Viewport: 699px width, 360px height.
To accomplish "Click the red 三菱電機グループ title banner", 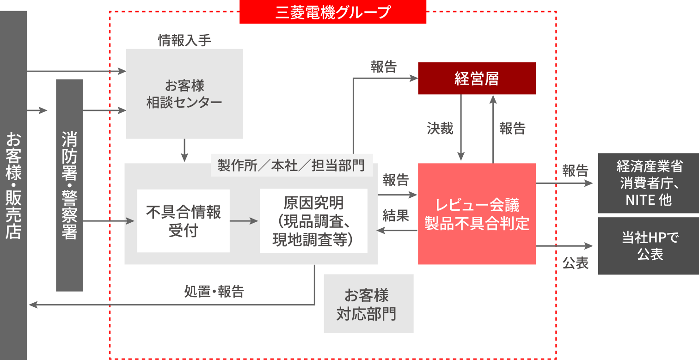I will [x=332, y=12].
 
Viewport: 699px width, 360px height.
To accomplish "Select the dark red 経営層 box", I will [x=477, y=79].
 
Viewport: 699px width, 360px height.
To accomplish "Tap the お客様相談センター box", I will [x=184, y=94].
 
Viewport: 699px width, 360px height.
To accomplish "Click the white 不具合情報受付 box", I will [x=183, y=221].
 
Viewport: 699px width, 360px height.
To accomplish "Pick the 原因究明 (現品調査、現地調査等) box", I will [x=313, y=221].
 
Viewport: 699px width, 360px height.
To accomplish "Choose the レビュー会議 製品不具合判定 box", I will [x=477, y=214].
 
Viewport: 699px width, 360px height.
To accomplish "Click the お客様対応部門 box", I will [x=368, y=304].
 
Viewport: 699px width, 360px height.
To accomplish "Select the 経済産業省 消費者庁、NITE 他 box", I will [x=649, y=183].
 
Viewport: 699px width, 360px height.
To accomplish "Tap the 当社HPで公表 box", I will [x=649, y=246].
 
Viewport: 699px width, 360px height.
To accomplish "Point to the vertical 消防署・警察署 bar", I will [x=69, y=185].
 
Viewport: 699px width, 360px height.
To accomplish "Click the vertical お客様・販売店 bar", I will [x=13, y=185].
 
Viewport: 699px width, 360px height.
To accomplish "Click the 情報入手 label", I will [x=184, y=41].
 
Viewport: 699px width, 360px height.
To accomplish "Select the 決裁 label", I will [x=440, y=128].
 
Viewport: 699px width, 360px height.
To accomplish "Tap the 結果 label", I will [x=396, y=215].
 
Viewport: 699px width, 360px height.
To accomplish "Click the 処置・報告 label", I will [x=214, y=292].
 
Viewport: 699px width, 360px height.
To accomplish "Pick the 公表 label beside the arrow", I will [x=575, y=263].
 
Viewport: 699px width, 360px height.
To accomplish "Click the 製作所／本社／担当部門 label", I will [x=291, y=165].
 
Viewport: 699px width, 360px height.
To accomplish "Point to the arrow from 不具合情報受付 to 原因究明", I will [x=244, y=221].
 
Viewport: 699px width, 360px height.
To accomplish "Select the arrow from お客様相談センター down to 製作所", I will [x=184, y=150].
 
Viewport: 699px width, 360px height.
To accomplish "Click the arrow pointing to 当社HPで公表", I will [x=564, y=246].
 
